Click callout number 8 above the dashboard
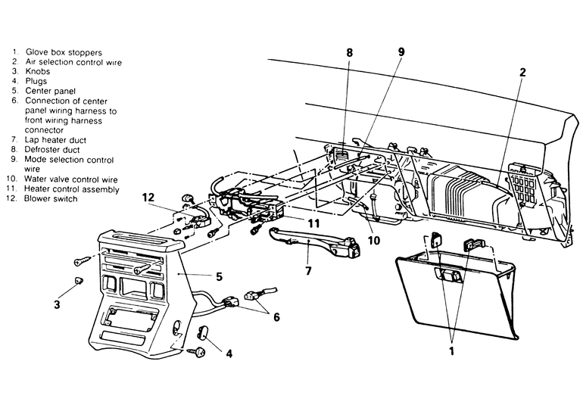pyautogui.click(x=349, y=52)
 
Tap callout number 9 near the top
pyautogui.click(x=401, y=51)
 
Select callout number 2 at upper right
pyautogui.click(x=522, y=72)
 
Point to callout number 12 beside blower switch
pyautogui.click(x=148, y=197)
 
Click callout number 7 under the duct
pyautogui.click(x=308, y=271)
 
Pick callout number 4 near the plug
pyautogui.click(x=229, y=354)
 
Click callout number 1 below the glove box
pyautogui.click(x=452, y=350)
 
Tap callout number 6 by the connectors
pyautogui.click(x=276, y=317)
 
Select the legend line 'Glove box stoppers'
pyautogui.click(x=64, y=52)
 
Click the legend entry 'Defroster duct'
pyautogui.click(x=52, y=150)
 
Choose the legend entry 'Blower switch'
pyautogui.click(x=51, y=198)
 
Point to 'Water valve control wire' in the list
pyautogui.click(x=71, y=179)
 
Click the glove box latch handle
pyautogui.click(x=449, y=276)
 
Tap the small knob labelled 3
pyautogui.click(x=79, y=280)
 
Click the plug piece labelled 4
pyautogui.click(x=203, y=332)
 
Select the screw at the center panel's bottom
pyautogui.click(x=197, y=351)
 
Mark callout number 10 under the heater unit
pyautogui.click(x=374, y=240)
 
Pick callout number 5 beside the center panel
pyautogui.click(x=219, y=276)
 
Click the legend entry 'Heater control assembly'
pyautogui.click(x=72, y=189)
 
